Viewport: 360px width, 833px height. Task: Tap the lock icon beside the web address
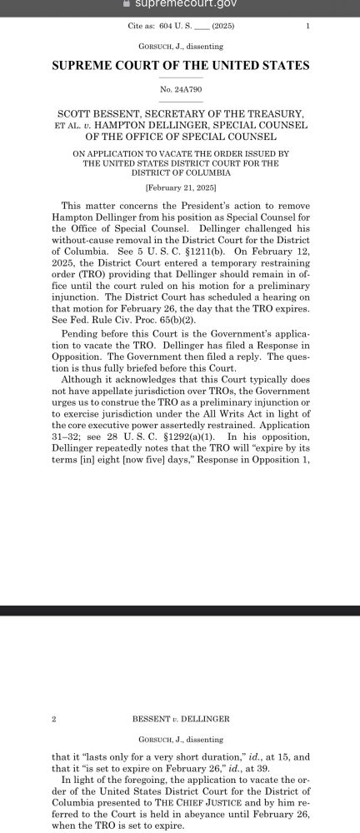click(x=125, y=5)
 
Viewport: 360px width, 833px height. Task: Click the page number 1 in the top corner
click(x=307, y=26)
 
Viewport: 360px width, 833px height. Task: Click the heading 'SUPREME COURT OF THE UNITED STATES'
click(x=180, y=65)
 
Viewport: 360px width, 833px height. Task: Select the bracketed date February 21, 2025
click(x=180, y=188)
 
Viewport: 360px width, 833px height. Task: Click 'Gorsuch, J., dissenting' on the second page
click(x=180, y=739)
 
